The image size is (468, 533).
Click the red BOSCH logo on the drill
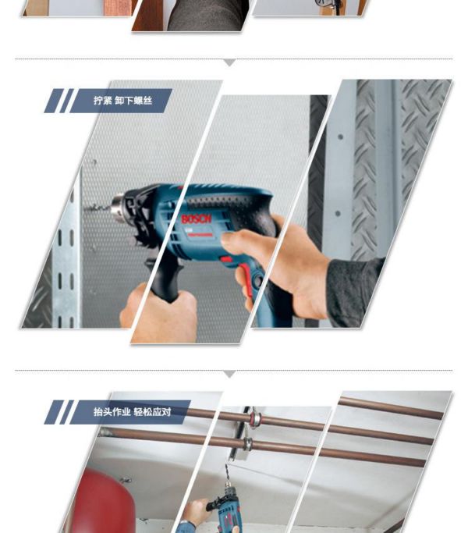pos(196,219)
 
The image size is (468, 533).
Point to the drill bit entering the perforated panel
pos(97,207)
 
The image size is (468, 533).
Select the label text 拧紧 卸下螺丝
pos(122,101)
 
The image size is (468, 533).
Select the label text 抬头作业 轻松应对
pos(132,412)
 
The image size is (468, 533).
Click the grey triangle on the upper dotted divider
pos(230,62)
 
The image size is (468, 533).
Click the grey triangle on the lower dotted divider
pos(230,374)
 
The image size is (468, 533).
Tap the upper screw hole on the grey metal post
pos(340,137)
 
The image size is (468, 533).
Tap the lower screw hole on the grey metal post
pos(338,214)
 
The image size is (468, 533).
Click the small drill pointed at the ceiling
pos(226,506)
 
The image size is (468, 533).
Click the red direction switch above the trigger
pos(225,260)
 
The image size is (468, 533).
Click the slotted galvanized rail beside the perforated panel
pos(66,258)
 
